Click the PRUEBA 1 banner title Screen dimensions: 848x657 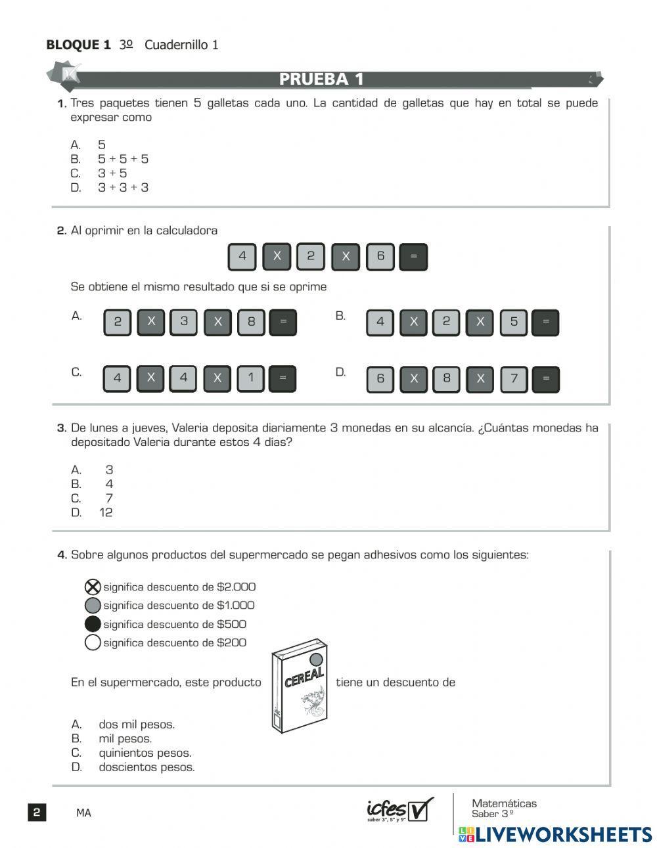point(321,79)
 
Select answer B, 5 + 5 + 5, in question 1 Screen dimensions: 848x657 point(123,159)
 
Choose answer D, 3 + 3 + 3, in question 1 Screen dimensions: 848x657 point(123,187)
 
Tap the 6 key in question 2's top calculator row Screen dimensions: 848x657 point(380,256)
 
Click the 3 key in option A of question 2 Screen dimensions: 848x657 point(184,322)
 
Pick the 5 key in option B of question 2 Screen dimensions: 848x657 point(513,322)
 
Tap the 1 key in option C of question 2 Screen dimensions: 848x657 point(250,378)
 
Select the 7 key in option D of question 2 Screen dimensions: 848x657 point(514,379)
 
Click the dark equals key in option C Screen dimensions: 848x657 point(283,378)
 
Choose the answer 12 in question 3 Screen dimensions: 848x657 point(106,512)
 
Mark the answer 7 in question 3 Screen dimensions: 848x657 point(109,498)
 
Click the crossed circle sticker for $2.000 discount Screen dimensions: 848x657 point(93,587)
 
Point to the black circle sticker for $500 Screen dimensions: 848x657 point(93,624)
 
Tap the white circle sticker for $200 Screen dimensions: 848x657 point(93,642)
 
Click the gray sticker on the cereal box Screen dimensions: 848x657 point(316,659)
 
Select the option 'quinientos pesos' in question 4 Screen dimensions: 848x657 point(145,753)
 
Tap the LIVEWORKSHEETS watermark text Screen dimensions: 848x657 point(563,835)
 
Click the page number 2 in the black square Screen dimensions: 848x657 point(37,813)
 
